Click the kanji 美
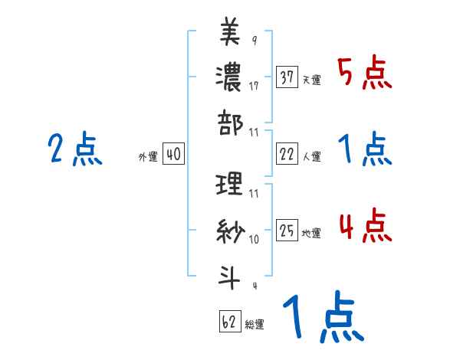[x=230, y=32]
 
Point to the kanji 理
[x=230, y=184]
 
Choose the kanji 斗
[x=230, y=273]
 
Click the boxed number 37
[x=287, y=77]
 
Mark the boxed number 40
[x=172, y=155]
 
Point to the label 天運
[x=311, y=80]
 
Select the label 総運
[x=254, y=324]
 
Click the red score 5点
[x=365, y=74]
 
